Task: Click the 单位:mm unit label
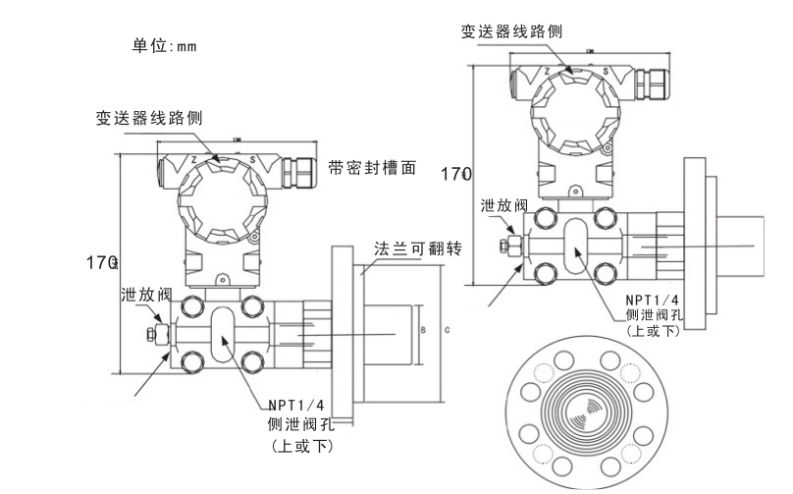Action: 165,45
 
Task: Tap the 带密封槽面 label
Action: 372,168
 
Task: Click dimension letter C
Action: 448,330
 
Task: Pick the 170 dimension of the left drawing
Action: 101,262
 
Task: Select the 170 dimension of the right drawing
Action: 455,174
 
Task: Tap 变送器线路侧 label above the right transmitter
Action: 512,31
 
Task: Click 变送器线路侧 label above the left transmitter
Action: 149,118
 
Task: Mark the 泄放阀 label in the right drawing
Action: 504,205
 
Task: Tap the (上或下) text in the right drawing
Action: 653,331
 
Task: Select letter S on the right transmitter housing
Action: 607,72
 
